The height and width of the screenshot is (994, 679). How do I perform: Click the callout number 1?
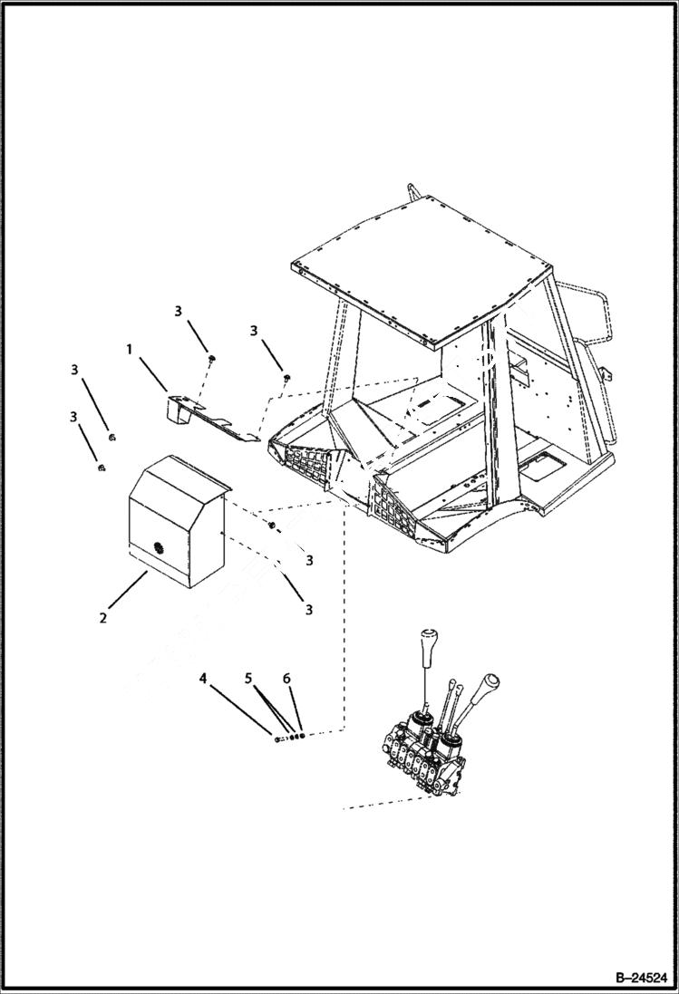pyautogui.click(x=129, y=348)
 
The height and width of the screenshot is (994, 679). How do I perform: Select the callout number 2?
pyautogui.click(x=103, y=618)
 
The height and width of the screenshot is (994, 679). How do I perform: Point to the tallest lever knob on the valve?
pyautogui.click(x=428, y=645)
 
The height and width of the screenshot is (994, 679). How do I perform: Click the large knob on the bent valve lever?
pyautogui.click(x=490, y=682)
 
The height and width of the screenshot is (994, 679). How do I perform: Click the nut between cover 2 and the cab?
pyautogui.click(x=270, y=526)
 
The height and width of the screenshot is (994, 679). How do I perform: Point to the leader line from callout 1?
pyautogui.click(x=151, y=373)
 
